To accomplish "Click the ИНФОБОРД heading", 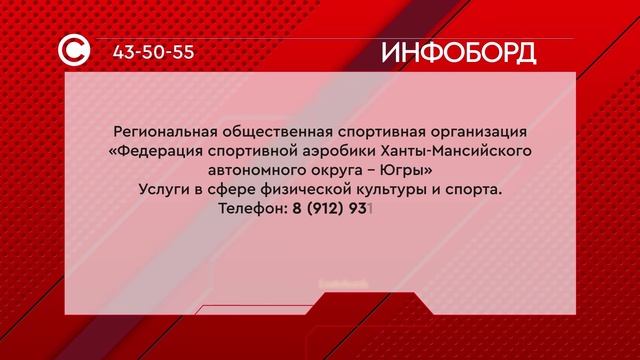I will pos(459,52).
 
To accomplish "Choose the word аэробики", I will pos(336,152).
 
